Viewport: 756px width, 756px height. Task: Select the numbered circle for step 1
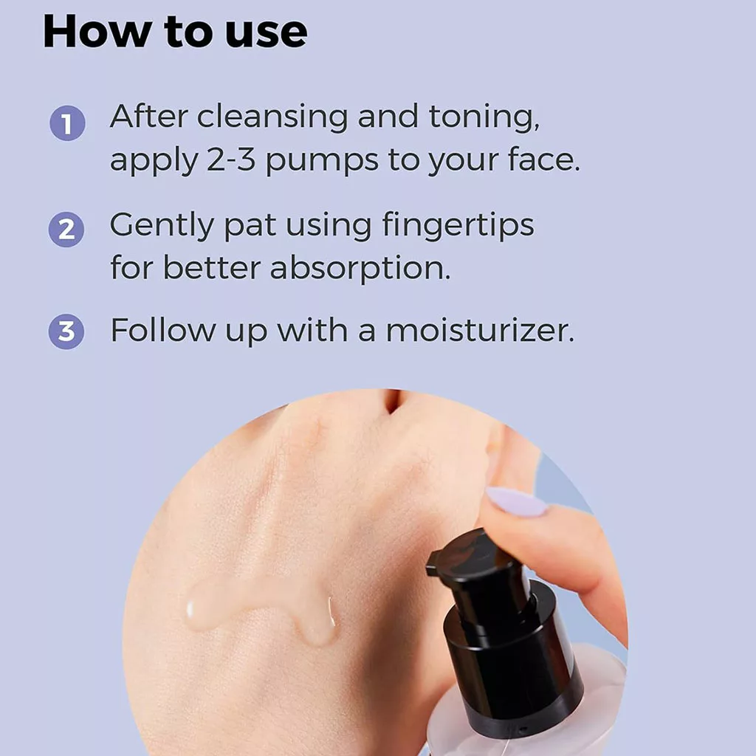tap(67, 123)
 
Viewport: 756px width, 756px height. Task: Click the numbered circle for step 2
tap(66, 230)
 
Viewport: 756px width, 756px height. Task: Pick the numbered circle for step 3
tap(66, 331)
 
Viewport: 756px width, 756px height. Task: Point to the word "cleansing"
tap(272, 118)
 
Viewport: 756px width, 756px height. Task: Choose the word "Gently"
tap(162, 226)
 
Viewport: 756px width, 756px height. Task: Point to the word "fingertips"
tap(458, 225)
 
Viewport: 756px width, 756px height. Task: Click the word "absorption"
tap(360, 268)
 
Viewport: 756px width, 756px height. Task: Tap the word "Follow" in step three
tap(163, 330)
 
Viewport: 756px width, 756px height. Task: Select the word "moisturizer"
tap(480, 330)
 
